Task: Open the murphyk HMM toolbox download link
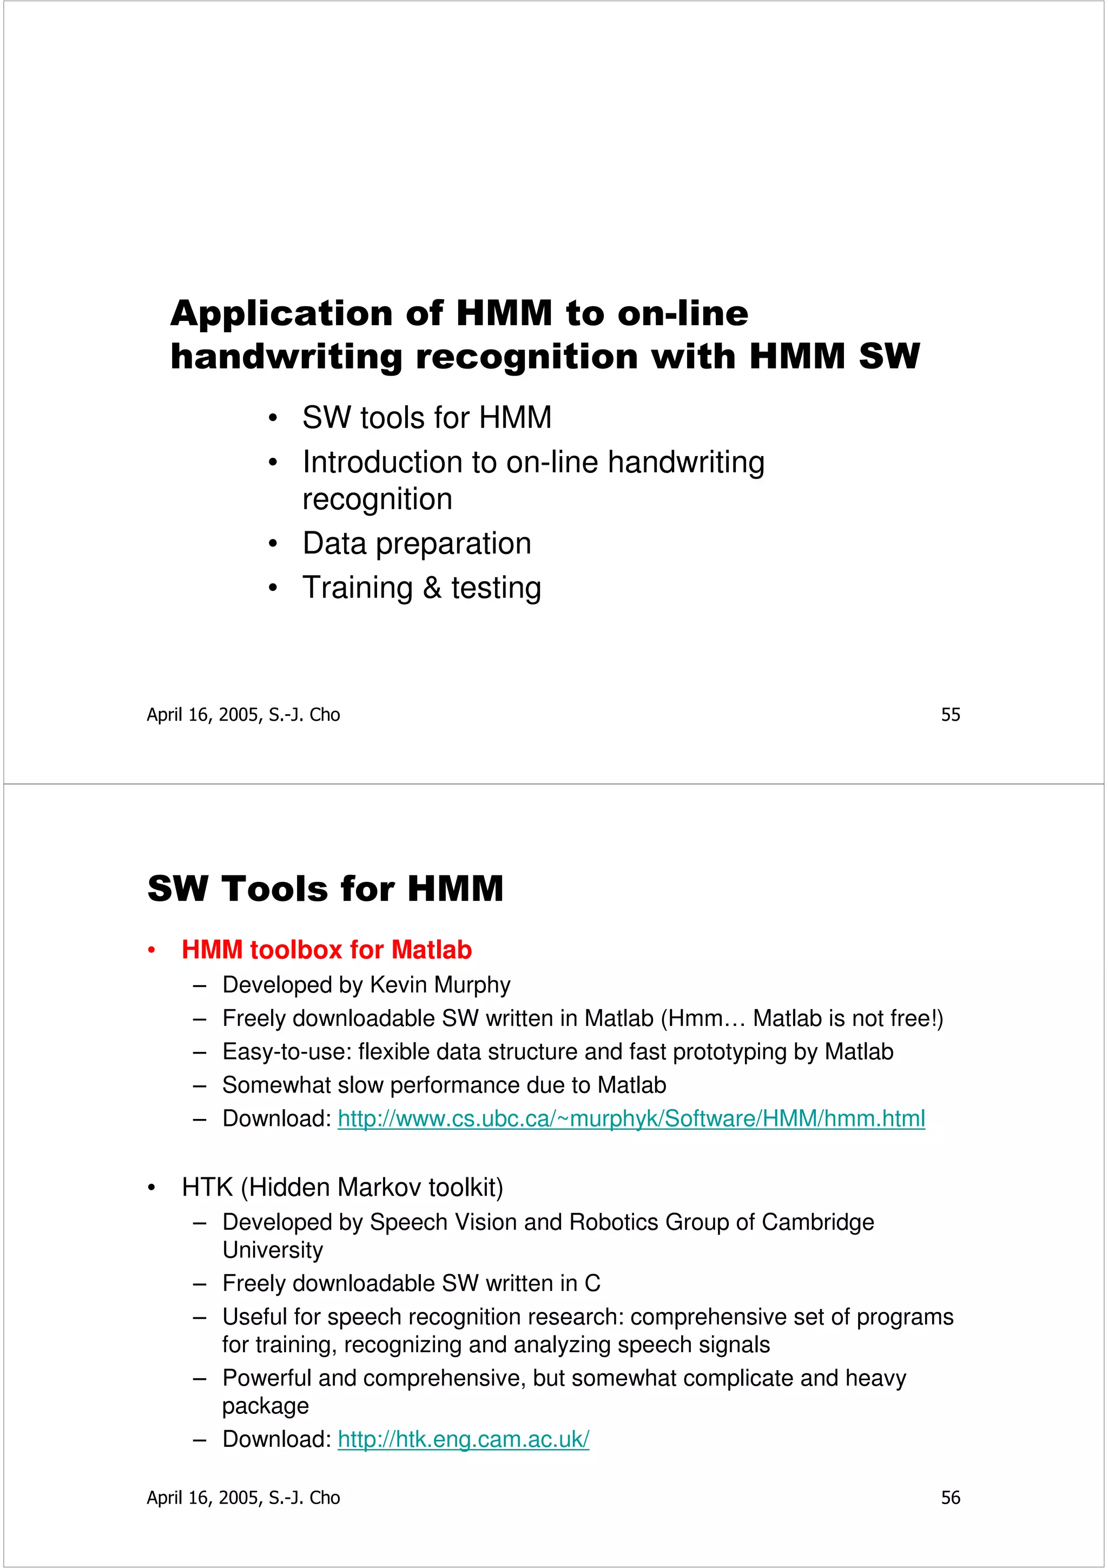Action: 631,1118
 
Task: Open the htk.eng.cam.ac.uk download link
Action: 463,1439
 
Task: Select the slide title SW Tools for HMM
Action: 325,888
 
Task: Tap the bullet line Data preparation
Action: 417,544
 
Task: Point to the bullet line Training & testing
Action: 421,588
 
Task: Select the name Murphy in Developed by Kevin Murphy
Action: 472,985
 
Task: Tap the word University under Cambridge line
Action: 272,1250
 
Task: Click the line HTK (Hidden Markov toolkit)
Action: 342,1188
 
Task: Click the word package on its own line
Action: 265,1406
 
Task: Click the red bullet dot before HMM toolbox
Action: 151,951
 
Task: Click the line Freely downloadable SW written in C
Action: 411,1283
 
